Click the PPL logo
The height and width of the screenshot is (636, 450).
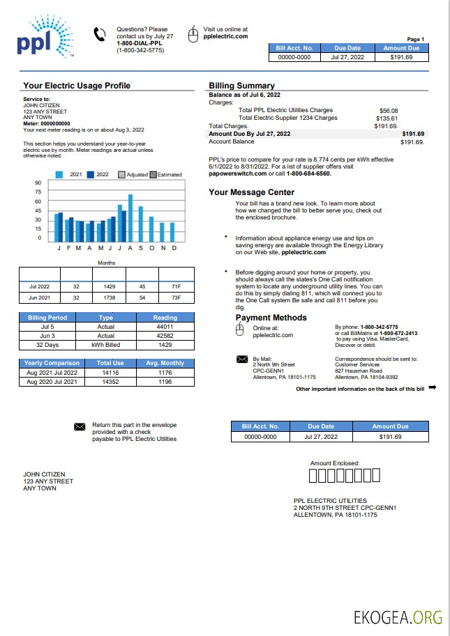pyautogui.click(x=43, y=38)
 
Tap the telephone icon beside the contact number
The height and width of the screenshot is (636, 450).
pyautogui.click(x=99, y=33)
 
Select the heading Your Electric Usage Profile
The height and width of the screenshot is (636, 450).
pyautogui.click(x=77, y=86)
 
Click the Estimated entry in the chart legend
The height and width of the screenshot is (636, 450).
pyautogui.click(x=165, y=175)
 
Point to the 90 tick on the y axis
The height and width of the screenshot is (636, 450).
pyautogui.click(x=38, y=183)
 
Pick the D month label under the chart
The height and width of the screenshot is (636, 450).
pyautogui.click(x=174, y=248)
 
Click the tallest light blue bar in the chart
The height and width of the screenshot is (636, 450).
pyautogui.click(x=130, y=217)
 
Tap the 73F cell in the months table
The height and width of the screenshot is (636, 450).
pyautogui.click(x=177, y=297)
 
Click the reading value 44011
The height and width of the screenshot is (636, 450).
pyautogui.click(x=165, y=326)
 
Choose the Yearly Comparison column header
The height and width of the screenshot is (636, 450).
pyautogui.click(x=52, y=363)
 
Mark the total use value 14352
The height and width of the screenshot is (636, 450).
pyautogui.click(x=110, y=382)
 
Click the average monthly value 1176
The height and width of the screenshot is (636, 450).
pyautogui.click(x=165, y=373)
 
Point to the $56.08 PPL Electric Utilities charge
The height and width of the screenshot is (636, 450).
pyautogui.click(x=388, y=111)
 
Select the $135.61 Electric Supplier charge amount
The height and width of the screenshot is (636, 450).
pyautogui.click(x=388, y=118)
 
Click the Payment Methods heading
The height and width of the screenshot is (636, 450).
pyautogui.click(x=271, y=318)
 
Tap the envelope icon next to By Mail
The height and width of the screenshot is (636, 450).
pyautogui.click(x=242, y=359)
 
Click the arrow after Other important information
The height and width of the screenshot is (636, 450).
pyautogui.click(x=432, y=387)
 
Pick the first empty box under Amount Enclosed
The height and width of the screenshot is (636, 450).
pyautogui.click(x=313, y=476)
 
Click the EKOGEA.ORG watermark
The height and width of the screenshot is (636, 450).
pyautogui.click(x=398, y=616)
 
